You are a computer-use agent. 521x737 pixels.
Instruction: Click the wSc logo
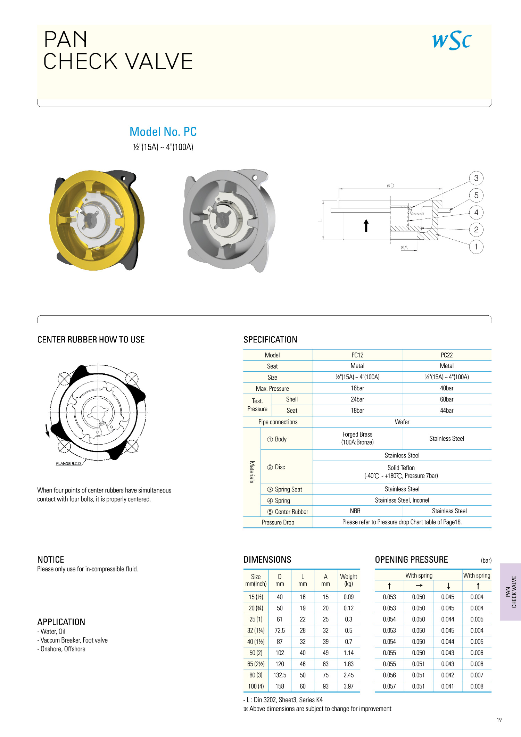(x=452, y=41)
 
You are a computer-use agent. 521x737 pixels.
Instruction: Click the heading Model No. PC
(x=163, y=132)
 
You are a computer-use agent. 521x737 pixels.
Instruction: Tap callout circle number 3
(x=476, y=178)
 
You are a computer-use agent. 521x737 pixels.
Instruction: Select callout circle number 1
(x=476, y=247)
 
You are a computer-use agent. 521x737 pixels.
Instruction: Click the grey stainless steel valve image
(x=228, y=220)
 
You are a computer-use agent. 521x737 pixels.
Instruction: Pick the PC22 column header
(x=447, y=355)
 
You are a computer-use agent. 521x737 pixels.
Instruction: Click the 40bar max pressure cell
(x=447, y=388)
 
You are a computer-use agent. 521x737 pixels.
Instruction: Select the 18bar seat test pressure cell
(x=357, y=411)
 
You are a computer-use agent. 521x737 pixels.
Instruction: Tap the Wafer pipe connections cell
(x=402, y=422)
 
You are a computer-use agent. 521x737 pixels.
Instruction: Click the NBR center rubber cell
(x=355, y=511)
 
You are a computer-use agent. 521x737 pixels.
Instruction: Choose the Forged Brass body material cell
(x=357, y=438)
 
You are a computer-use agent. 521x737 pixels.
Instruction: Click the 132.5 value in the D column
(x=280, y=675)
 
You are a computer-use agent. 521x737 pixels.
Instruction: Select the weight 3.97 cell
(x=348, y=686)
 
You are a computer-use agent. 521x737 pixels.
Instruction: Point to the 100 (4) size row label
(x=256, y=686)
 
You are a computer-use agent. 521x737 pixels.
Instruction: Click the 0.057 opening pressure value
(x=389, y=686)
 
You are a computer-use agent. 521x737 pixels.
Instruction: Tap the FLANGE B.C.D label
(x=68, y=464)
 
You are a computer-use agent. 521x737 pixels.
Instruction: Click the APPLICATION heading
(x=61, y=622)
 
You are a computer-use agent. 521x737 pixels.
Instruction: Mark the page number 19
(x=499, y=720)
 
